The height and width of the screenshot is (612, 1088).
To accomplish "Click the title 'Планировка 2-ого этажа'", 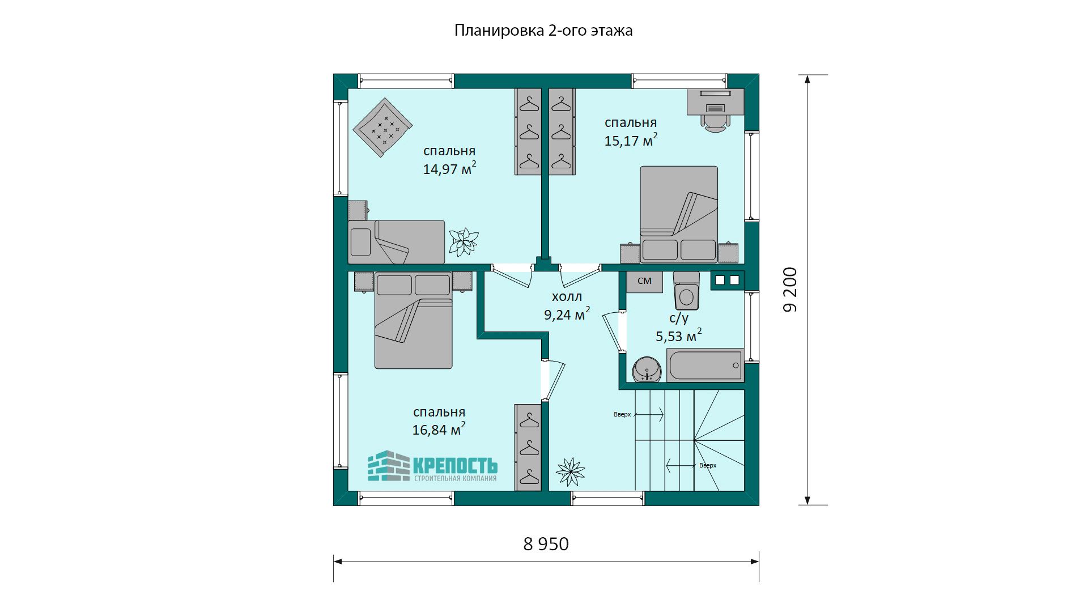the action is tap(543, 30).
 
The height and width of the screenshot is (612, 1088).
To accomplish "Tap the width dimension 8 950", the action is tap(546, 544).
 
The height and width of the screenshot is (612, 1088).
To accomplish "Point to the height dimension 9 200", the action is tap(790, 290).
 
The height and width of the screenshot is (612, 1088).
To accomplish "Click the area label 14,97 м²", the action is tap(449, 168).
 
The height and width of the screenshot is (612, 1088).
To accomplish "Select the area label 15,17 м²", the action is tap(631, 140).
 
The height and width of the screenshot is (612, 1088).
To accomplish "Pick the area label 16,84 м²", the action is tap(439, 429).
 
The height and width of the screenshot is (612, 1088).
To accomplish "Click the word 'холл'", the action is tap(567, 296).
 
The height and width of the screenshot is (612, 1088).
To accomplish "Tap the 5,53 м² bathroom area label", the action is tap(678, 335).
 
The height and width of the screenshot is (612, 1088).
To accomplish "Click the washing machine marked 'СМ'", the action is tap(644, 281).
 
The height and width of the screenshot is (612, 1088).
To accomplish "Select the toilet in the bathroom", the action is tap(686, 291).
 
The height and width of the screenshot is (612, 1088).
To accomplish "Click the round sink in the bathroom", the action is tap(647, 369).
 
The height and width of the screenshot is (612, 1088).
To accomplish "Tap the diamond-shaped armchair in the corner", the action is tap(382, 129).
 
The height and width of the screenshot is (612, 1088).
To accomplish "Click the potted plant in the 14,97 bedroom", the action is tap(464, 242).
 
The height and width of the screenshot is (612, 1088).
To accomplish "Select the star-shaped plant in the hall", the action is tap(570, 471).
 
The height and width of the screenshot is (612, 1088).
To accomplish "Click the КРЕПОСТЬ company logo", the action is tap(432, 466).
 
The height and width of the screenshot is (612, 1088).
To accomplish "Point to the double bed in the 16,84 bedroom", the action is tap(414, 320).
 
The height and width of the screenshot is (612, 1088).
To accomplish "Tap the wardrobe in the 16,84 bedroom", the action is tap(528, 448).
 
